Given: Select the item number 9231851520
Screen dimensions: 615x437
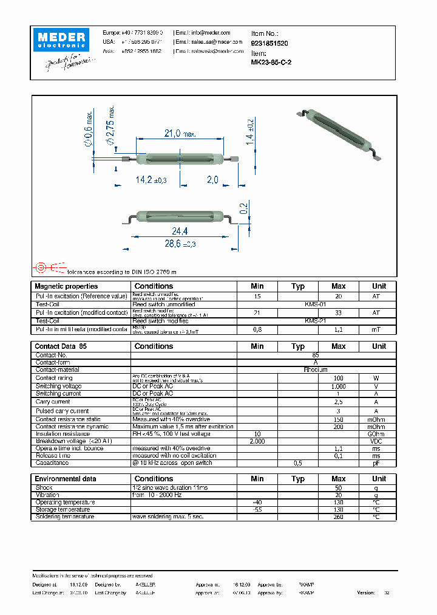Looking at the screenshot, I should tap(269, 44).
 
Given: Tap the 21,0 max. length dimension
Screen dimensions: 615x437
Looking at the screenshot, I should tap(178, 134).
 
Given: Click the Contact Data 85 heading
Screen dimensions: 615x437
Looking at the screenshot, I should tap(61, 346).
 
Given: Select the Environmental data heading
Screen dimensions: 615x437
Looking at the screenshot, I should tap(65, 479).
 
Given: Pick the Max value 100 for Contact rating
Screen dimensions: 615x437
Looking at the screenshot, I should tap(338, 378).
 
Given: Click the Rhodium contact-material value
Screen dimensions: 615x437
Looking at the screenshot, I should tap(315, 369).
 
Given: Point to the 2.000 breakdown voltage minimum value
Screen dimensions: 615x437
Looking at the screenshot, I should tap(257, 441).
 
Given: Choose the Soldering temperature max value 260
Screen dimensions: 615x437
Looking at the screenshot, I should tap(338, 517).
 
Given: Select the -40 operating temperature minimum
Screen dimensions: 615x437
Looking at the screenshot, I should tap(257, 502).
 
